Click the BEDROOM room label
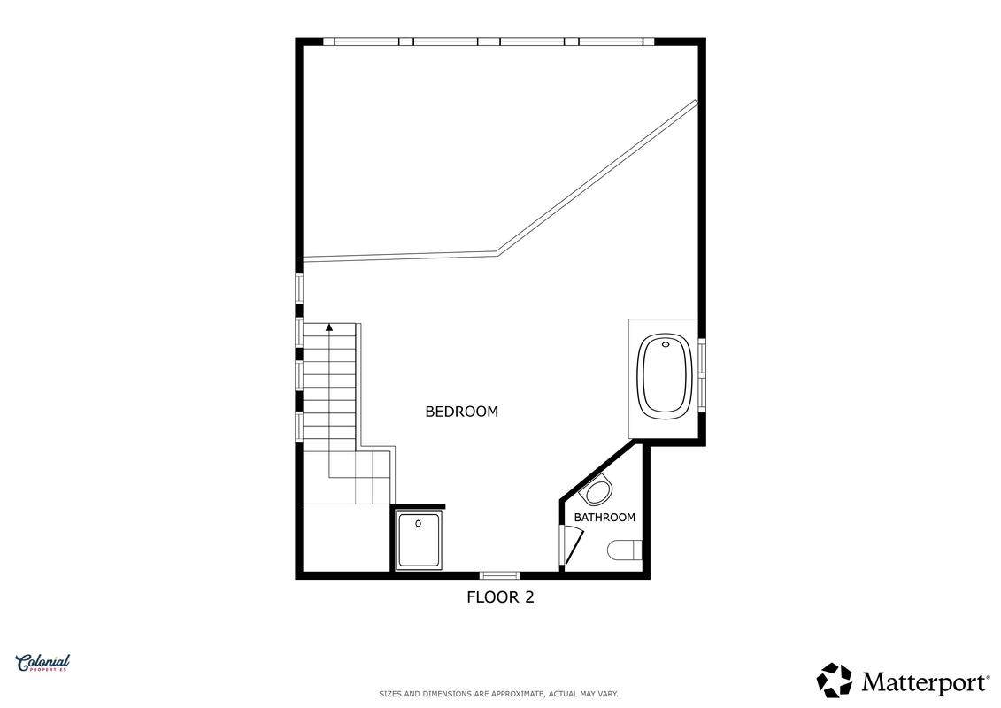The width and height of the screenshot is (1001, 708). (x=462, y=412)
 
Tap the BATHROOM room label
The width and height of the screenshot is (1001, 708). (x=604, y=517)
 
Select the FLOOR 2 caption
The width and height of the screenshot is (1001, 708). (x=501, y=596)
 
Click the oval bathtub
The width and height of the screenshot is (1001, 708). (x=666, y=374)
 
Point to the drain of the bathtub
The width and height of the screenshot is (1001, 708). (x=666, y=345)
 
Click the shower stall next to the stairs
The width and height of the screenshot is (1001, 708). (x=418, y=540)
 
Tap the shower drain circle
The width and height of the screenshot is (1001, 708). (x=418, y=524)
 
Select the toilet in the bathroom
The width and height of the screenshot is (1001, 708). (x=624, y=550)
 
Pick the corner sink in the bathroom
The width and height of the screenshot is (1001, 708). (x=597, y=491)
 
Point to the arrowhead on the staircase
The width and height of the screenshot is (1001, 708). (x=329, y=327)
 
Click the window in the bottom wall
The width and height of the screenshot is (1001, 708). (x=500, y=575)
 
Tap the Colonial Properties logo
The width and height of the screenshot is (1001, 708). (x=42, y=664)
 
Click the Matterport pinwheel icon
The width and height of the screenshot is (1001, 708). (x=835, y=680)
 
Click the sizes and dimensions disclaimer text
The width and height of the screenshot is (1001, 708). (x=498, y=694)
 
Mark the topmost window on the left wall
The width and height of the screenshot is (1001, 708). (x=299, y=288)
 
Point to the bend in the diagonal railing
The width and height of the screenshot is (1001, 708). (x=497, y=253)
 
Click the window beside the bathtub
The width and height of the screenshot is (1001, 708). (x=702, y=374)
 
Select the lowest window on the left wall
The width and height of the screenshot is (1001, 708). (x=299, y=426)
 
